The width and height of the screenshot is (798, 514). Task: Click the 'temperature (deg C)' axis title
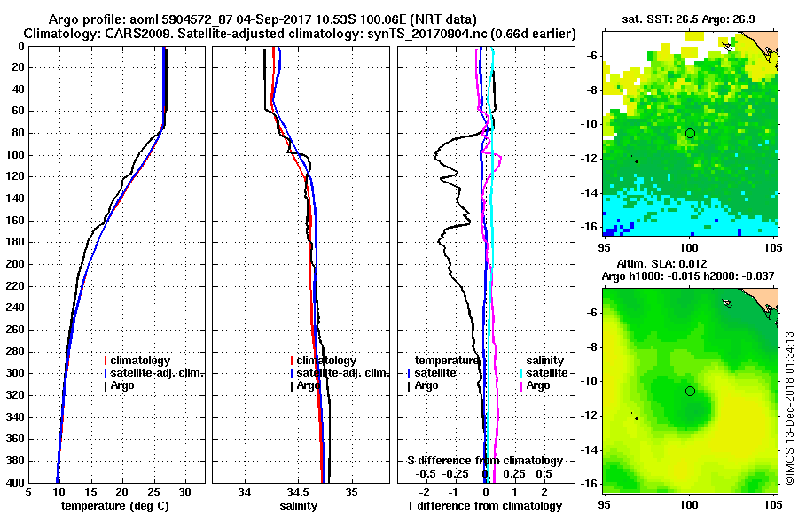click(116, 505)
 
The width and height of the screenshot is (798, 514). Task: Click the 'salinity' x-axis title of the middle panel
click(299, 505)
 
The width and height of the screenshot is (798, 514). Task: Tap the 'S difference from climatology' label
click(485, 461)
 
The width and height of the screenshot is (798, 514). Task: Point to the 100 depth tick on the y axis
click(15, 155)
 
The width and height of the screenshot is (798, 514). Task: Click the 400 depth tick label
click(15, 483)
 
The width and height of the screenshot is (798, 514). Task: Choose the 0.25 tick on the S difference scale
click(513, 474)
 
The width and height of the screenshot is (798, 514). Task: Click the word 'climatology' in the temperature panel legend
click(142, 361)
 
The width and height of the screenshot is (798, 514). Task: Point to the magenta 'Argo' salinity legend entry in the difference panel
click(538, 385)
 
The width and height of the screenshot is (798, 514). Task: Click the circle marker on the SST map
click(690, 133)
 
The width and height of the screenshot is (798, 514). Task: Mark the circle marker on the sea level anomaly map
click(690, 391)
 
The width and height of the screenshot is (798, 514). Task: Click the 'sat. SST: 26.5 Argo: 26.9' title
click(688, 18)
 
